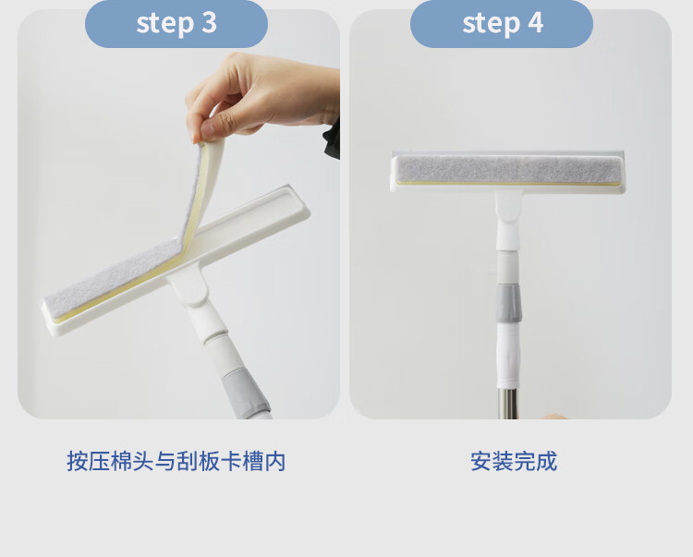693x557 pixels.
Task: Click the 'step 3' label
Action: pyautogui.click(x=176, y=23)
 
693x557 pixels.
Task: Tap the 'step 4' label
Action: pyautogui.click(x=503, y=23)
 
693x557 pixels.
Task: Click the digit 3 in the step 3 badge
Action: pyautogui.click(x=210, y=22)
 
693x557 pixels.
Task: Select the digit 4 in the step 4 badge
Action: pyautogui.click(x=535, y=22)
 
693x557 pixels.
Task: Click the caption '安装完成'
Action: pyautogui.click(x=514, y=461)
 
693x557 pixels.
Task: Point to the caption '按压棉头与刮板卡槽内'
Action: pyautogui.click(x=176, y=461)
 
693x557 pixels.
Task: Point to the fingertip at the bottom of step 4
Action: pyautogui.click(x=554, y=416)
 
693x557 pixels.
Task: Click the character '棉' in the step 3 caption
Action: pyautogui.click(x=121, y=461)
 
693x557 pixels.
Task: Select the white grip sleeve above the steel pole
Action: pyautogui.click(x=507, y=356)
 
